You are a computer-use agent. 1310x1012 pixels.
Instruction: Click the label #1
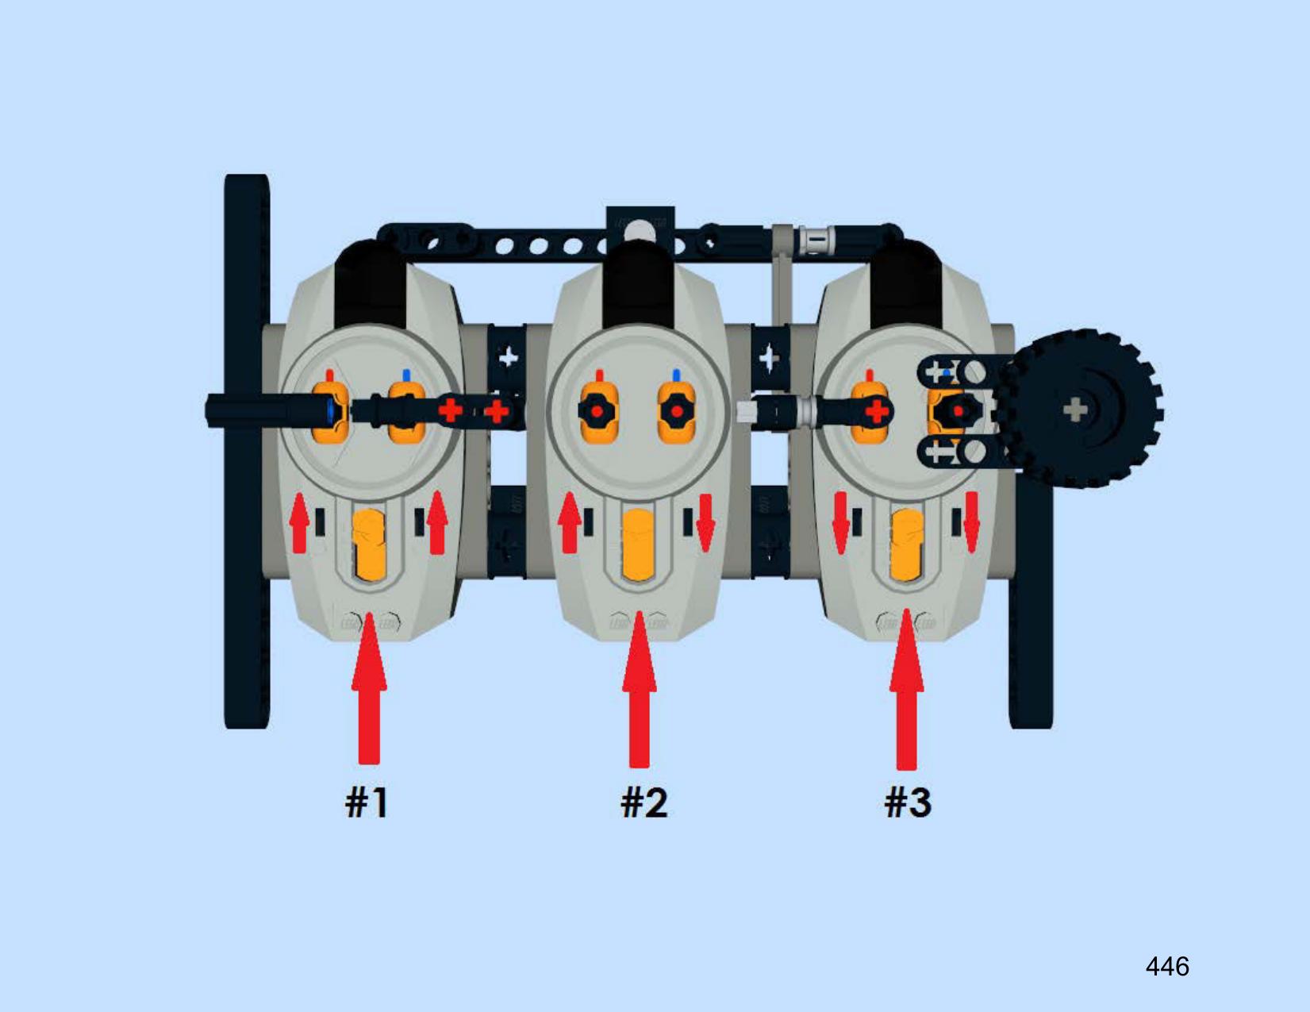[x=367, y=803]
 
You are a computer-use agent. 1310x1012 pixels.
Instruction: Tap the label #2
[x=644, y=803]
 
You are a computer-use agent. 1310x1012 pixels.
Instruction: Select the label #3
[x=908, y=803]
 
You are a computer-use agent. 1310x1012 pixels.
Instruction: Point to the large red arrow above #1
[x=369, y=688]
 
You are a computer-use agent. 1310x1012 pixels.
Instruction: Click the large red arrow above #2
[x=639, y=689]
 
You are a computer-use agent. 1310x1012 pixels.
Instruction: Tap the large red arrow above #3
[x=907, y=689]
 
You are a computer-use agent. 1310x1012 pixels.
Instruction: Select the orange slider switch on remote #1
[x=368, y=545]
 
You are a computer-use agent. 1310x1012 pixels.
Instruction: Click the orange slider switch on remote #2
[x=639, y=545]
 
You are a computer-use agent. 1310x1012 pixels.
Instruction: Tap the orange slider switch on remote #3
[x=907, y=545]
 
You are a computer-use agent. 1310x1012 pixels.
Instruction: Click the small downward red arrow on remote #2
[x=705, y=523]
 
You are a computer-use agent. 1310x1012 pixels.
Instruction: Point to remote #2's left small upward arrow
[x=569, y=522]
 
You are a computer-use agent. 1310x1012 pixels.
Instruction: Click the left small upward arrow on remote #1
[x=300, y=522]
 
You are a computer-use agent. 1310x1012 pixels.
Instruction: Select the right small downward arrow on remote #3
[x=970, y=522]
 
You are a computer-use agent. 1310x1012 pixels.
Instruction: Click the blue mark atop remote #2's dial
[x=676, y=375]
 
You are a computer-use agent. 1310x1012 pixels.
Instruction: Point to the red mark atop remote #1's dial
[x=329, y=375]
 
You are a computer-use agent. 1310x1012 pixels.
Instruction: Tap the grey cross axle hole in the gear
[x=1075, y=411]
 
